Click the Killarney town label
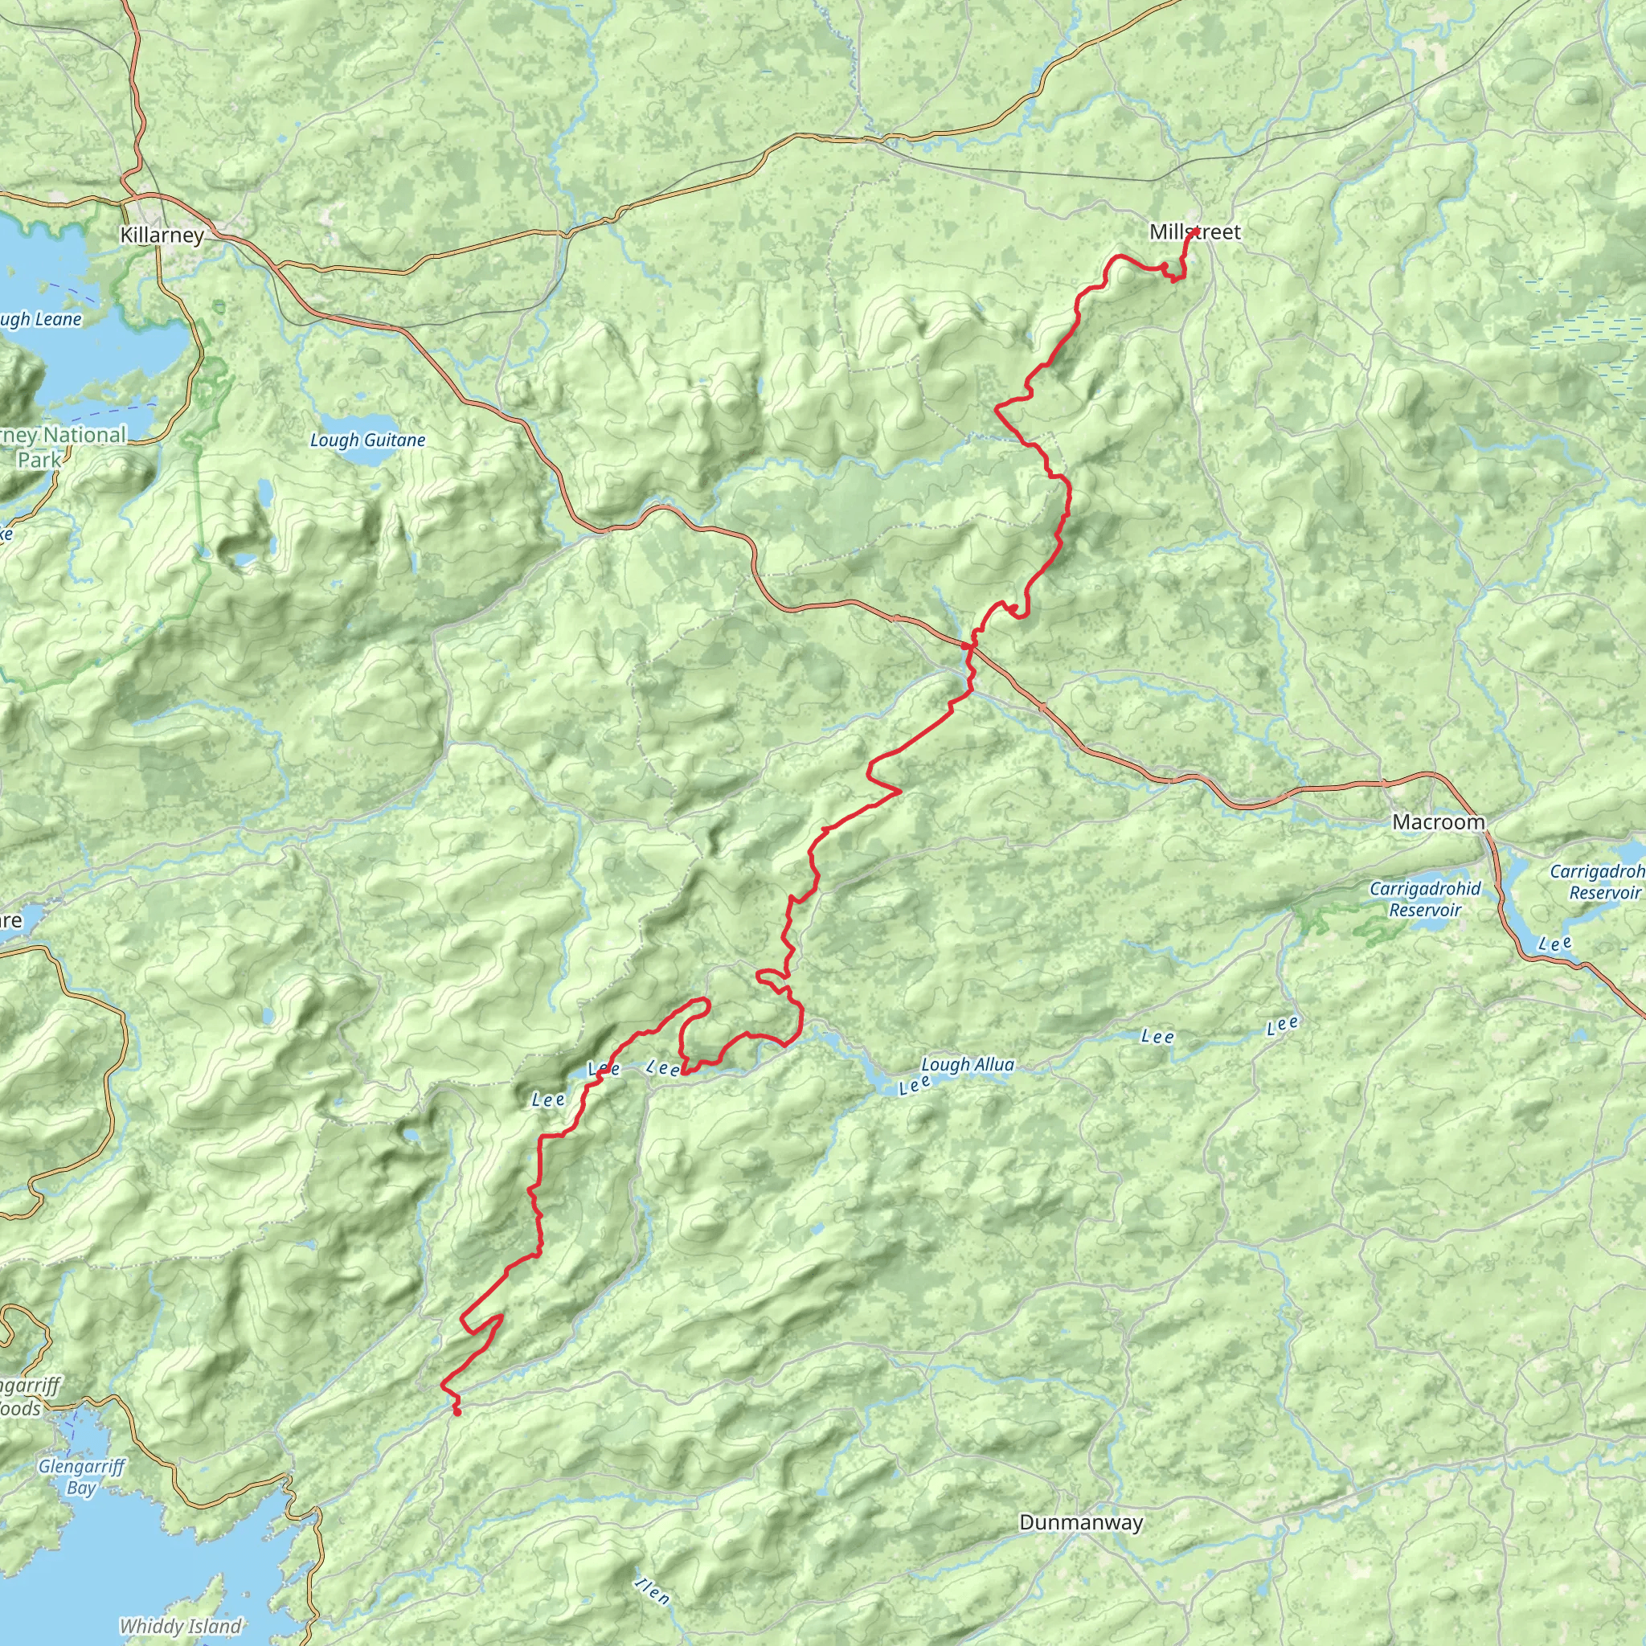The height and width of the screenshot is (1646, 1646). point(162,235)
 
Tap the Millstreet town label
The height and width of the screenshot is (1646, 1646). point(1194,231)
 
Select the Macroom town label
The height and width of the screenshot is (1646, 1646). point(1438,822)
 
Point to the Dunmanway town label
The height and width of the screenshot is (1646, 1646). point(1080,1522)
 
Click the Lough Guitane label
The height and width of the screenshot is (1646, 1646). point(367,440)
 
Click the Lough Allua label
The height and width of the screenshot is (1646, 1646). point(968,1065)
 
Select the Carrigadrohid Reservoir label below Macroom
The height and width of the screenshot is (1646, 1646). point(1424,899)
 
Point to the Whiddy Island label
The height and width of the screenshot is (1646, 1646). point(181,1627)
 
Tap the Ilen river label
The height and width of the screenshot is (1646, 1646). point(653,1591)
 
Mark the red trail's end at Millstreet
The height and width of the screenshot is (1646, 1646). point(1196,231)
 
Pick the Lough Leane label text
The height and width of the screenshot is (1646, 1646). point(39,320)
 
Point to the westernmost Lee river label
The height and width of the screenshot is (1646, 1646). point(547,1100)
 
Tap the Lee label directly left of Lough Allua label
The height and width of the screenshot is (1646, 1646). point(915,1084)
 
